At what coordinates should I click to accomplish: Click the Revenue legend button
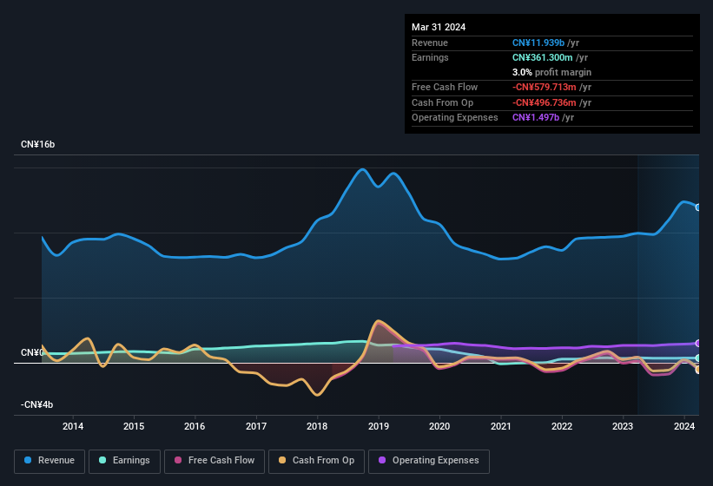50,460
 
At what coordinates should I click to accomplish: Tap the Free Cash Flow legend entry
214,460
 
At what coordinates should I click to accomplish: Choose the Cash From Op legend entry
316,460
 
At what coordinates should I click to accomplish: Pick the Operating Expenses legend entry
429,460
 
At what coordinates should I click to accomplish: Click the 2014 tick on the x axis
73,426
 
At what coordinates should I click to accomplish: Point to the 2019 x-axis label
378,426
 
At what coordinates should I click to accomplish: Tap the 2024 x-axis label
683,426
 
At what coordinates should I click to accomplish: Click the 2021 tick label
500,426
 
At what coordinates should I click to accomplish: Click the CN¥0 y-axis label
31,353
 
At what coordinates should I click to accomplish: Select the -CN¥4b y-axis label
36,405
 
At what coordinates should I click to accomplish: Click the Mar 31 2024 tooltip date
439,27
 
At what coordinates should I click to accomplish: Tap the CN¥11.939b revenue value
538,43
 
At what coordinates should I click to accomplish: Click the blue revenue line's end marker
698,207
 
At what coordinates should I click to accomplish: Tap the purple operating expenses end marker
698,344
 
